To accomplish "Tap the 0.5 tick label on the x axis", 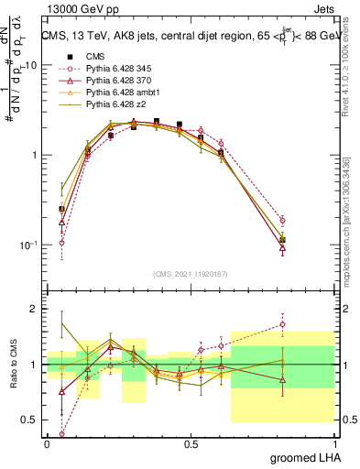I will click(x=191, y=443).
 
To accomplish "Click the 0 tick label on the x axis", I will click(x=48, y=443).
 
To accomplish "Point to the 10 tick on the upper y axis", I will click(x=31, y=66).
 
